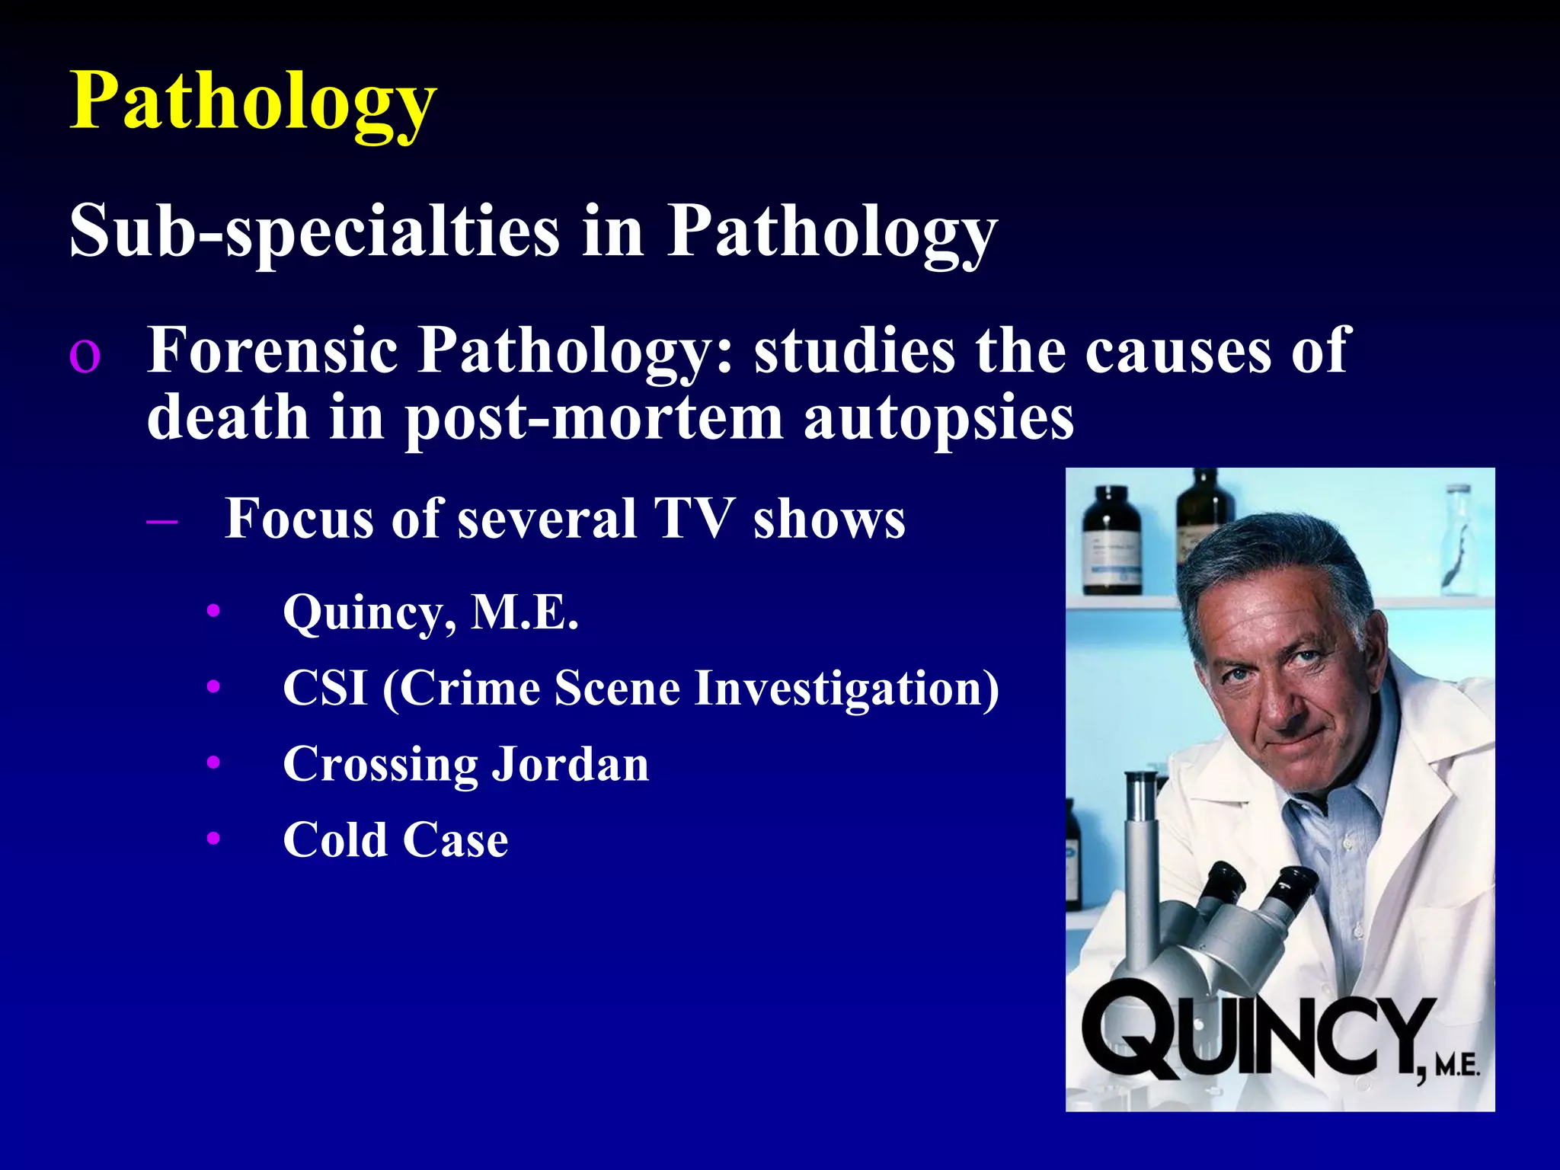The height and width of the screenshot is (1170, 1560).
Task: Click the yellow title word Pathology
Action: [x=253, y=102]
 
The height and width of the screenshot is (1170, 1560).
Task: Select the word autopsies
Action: [x=938, y=418]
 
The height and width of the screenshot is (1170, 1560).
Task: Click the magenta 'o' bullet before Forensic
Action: [x=84, y=356]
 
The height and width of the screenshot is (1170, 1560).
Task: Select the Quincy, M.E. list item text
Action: [x=430, y=612]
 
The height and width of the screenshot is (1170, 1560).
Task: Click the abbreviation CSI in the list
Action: [x=324, y=688]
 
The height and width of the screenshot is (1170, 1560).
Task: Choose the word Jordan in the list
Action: [x=571, y=764]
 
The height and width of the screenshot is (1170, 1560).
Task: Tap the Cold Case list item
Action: [x=395, y=839]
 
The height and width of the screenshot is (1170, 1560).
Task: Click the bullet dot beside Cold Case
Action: [x=213, y=839]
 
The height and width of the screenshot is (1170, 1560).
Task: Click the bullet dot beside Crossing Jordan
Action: [x=213, y=762]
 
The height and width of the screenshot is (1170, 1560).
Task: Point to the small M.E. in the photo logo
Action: [x=1456, y=1064]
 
